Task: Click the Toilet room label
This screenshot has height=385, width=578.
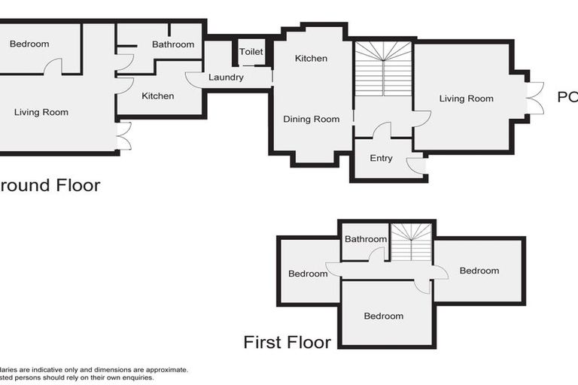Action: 251,52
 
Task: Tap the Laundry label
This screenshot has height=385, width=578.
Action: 226,77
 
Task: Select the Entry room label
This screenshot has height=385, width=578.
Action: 382,158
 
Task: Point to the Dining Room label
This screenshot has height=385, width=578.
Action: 311,119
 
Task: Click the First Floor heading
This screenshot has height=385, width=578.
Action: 287,343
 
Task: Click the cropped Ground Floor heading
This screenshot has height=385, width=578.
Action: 50,185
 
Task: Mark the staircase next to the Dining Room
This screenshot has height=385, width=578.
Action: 383,69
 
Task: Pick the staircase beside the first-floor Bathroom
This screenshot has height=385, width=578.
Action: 411,241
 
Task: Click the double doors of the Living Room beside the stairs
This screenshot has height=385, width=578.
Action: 534,98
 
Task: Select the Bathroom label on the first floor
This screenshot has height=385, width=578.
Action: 366,239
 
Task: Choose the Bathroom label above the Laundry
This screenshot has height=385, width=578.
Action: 173,44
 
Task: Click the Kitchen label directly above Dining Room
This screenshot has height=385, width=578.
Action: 311,59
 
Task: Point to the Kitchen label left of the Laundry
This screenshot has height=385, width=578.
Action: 158,95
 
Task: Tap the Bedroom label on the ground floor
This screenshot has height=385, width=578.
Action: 29,44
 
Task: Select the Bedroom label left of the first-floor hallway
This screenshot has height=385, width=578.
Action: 308,274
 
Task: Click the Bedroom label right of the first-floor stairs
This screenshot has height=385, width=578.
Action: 479,271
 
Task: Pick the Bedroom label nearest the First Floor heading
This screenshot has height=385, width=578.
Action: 383,316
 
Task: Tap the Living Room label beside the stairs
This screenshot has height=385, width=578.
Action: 467,99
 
